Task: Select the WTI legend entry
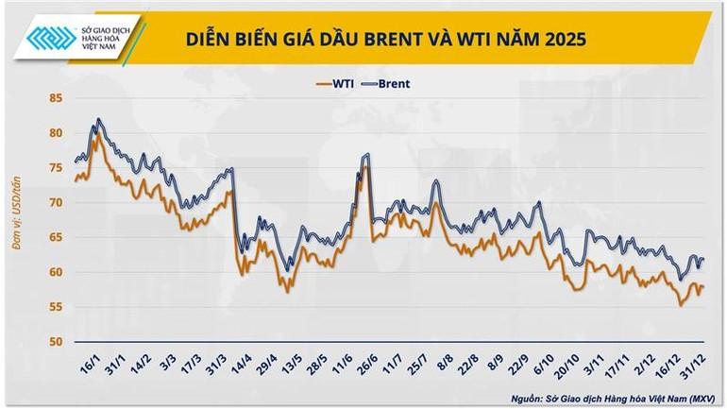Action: coord(337,83)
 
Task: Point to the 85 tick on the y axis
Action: coord(56,98)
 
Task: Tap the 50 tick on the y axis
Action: coord(56,342)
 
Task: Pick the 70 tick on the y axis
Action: coord(56,203)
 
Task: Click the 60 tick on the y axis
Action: coord(56,272)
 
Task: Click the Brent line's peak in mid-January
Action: coord(98,120)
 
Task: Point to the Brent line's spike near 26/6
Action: coord(365,154)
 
